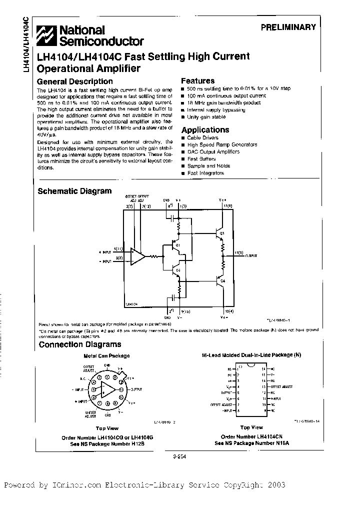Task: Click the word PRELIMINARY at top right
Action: (288, 27)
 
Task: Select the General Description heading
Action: (75, 81)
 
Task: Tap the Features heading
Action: (197, 80)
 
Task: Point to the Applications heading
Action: (205, 129)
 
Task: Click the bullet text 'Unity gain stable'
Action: (206, 116)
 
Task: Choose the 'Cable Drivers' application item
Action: (203, 137)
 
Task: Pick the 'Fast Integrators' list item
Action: (205, 173)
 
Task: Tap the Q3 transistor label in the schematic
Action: (222, 233)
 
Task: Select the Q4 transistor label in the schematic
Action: (222, 280)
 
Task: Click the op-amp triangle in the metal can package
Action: (107, 389)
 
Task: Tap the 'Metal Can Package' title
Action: (106, 355)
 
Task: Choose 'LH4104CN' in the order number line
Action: (264, 436)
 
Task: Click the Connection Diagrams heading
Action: (80, 344)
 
